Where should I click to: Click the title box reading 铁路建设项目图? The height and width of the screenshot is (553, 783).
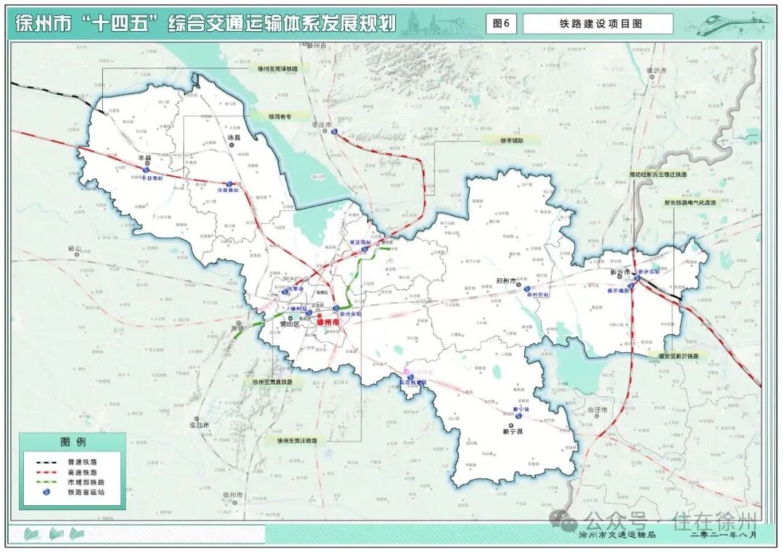[597, 23]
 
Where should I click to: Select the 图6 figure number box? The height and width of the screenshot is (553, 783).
[501, 23]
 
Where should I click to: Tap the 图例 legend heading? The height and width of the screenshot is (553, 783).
[72, 442]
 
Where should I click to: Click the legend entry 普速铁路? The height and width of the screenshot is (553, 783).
[82, 462]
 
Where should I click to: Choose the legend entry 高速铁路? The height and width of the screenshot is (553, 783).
[82, 472]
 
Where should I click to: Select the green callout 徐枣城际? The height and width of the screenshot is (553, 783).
[511, 140]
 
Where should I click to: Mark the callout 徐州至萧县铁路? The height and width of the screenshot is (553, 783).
[273, 382]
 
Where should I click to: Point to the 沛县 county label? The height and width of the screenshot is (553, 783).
[233, 137]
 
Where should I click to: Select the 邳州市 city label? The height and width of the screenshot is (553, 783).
[505, 280]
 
